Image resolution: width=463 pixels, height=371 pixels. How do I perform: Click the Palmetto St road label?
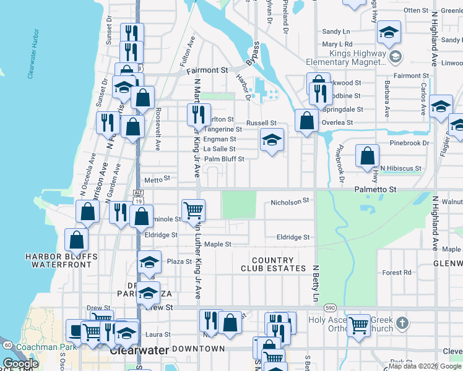(x=374, y=188)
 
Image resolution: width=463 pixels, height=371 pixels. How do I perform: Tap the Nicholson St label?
(x=290, y=202)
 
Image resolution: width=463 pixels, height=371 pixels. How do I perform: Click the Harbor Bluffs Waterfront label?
(x=61, y=260)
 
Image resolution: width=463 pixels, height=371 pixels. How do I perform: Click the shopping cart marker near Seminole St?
(x=194, y=210)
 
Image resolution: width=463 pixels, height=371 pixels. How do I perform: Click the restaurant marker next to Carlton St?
(x=199, y=115)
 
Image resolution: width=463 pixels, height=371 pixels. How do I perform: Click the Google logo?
(x=20, y=364)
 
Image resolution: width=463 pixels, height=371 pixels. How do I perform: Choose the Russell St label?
(x=260, y=123)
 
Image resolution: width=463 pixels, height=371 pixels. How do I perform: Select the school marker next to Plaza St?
(x=149, y=262)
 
